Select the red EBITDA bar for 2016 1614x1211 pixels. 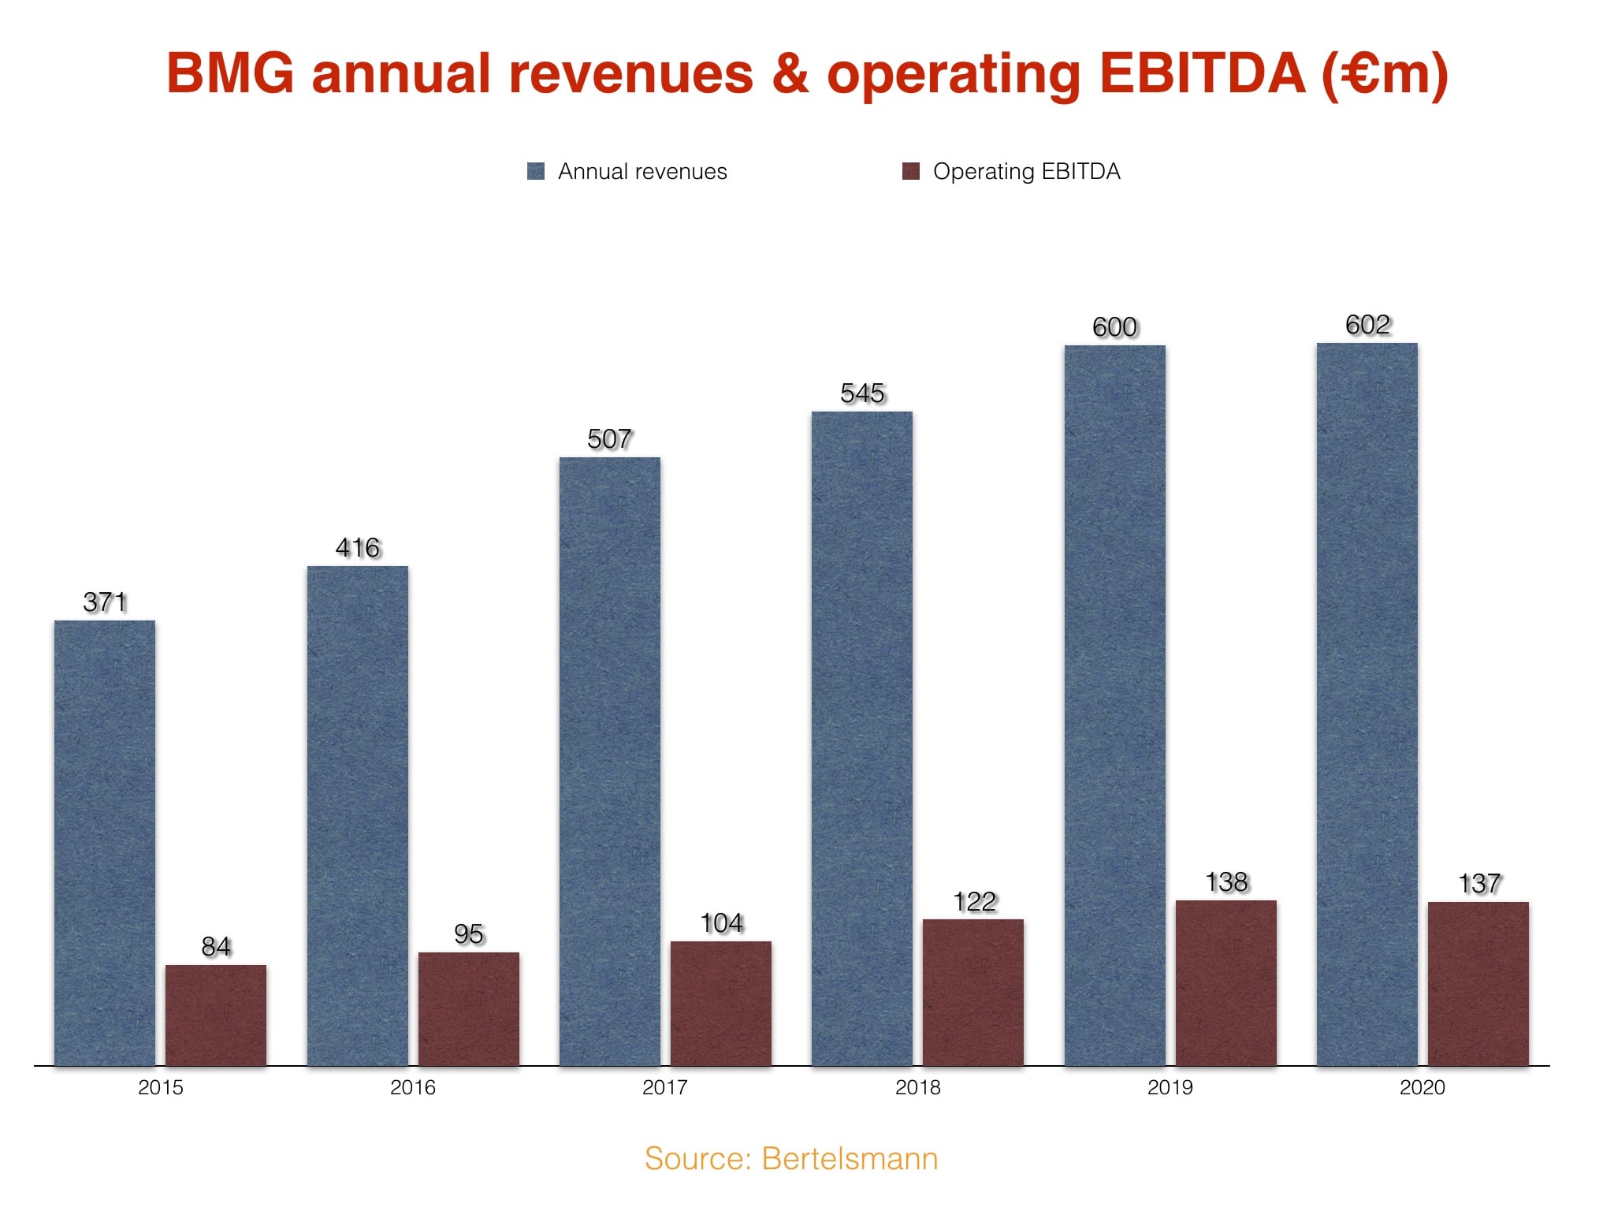468,1008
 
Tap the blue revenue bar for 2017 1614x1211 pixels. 610,761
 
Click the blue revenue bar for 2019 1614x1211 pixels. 1114,705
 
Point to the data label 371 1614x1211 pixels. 105,602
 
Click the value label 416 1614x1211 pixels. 358,548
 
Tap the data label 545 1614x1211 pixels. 862,393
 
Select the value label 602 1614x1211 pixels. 1367,325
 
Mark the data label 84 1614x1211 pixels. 216,946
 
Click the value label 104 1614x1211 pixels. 721,923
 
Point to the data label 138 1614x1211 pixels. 1226,882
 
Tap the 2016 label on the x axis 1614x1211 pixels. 412,1088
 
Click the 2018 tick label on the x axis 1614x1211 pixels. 917,1088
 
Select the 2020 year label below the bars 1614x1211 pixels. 1422,1088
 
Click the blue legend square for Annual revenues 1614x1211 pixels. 536,171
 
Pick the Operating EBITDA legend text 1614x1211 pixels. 1026,171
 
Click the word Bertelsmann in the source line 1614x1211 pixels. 850,1159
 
